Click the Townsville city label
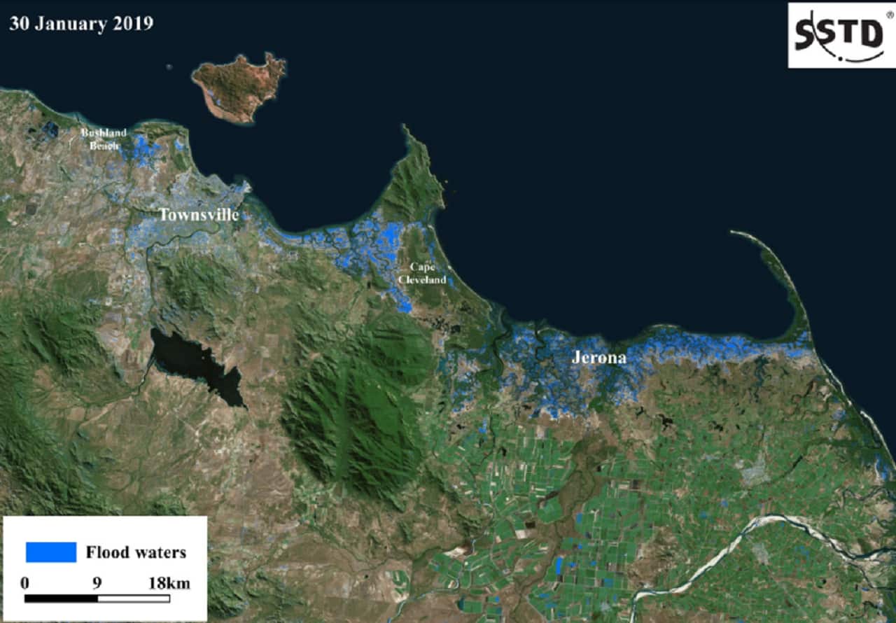click(199, 215)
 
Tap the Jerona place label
click(598, 357)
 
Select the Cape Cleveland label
click(421, 274)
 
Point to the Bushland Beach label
click(104, 139)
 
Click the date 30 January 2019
click(81, 23)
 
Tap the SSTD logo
click(840, 35)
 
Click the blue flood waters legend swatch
click(50, 552)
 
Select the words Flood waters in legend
click(136, 552)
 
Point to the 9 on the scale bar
click(97, 583)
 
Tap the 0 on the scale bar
click(25, 583)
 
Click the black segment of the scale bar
click(61, 598)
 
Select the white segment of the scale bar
click(134, 598)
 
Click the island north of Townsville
click(240, 87)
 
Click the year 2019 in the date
click(132, 23)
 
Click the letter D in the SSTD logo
click(870, 34)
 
